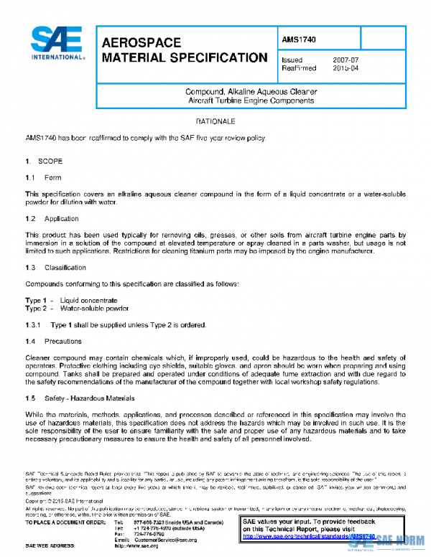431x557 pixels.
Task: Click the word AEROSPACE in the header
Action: click(x=141, y=43)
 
